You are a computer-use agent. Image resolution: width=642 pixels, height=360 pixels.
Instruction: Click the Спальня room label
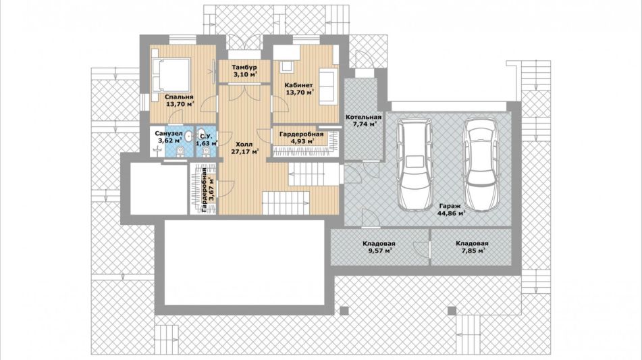click(x=180, y=101)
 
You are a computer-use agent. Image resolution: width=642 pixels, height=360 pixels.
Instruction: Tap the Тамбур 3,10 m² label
click(x=244, y=71)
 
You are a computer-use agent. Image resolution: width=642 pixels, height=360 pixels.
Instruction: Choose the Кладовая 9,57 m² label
click(x=379, y=247)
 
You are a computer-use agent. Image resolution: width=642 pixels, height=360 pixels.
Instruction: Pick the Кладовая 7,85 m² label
click(x=472, y=247)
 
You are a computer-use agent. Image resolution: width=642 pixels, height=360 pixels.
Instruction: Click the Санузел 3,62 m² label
click(x=168, y=137)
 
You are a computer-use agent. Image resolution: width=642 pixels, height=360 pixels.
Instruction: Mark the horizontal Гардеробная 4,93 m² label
click(x=301, y=138)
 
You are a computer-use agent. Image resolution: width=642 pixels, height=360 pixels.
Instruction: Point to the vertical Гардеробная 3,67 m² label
click(x=207, y=190)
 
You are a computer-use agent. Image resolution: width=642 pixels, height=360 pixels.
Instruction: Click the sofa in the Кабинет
click(x=328, y=88)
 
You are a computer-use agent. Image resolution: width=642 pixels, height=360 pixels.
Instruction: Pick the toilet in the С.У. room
click(x=206, y=153)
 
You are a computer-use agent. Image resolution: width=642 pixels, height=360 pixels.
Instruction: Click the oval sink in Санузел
click(x=189, y=136)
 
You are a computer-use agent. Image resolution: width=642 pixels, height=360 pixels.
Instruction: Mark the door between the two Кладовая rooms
click(x=421, y=249)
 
